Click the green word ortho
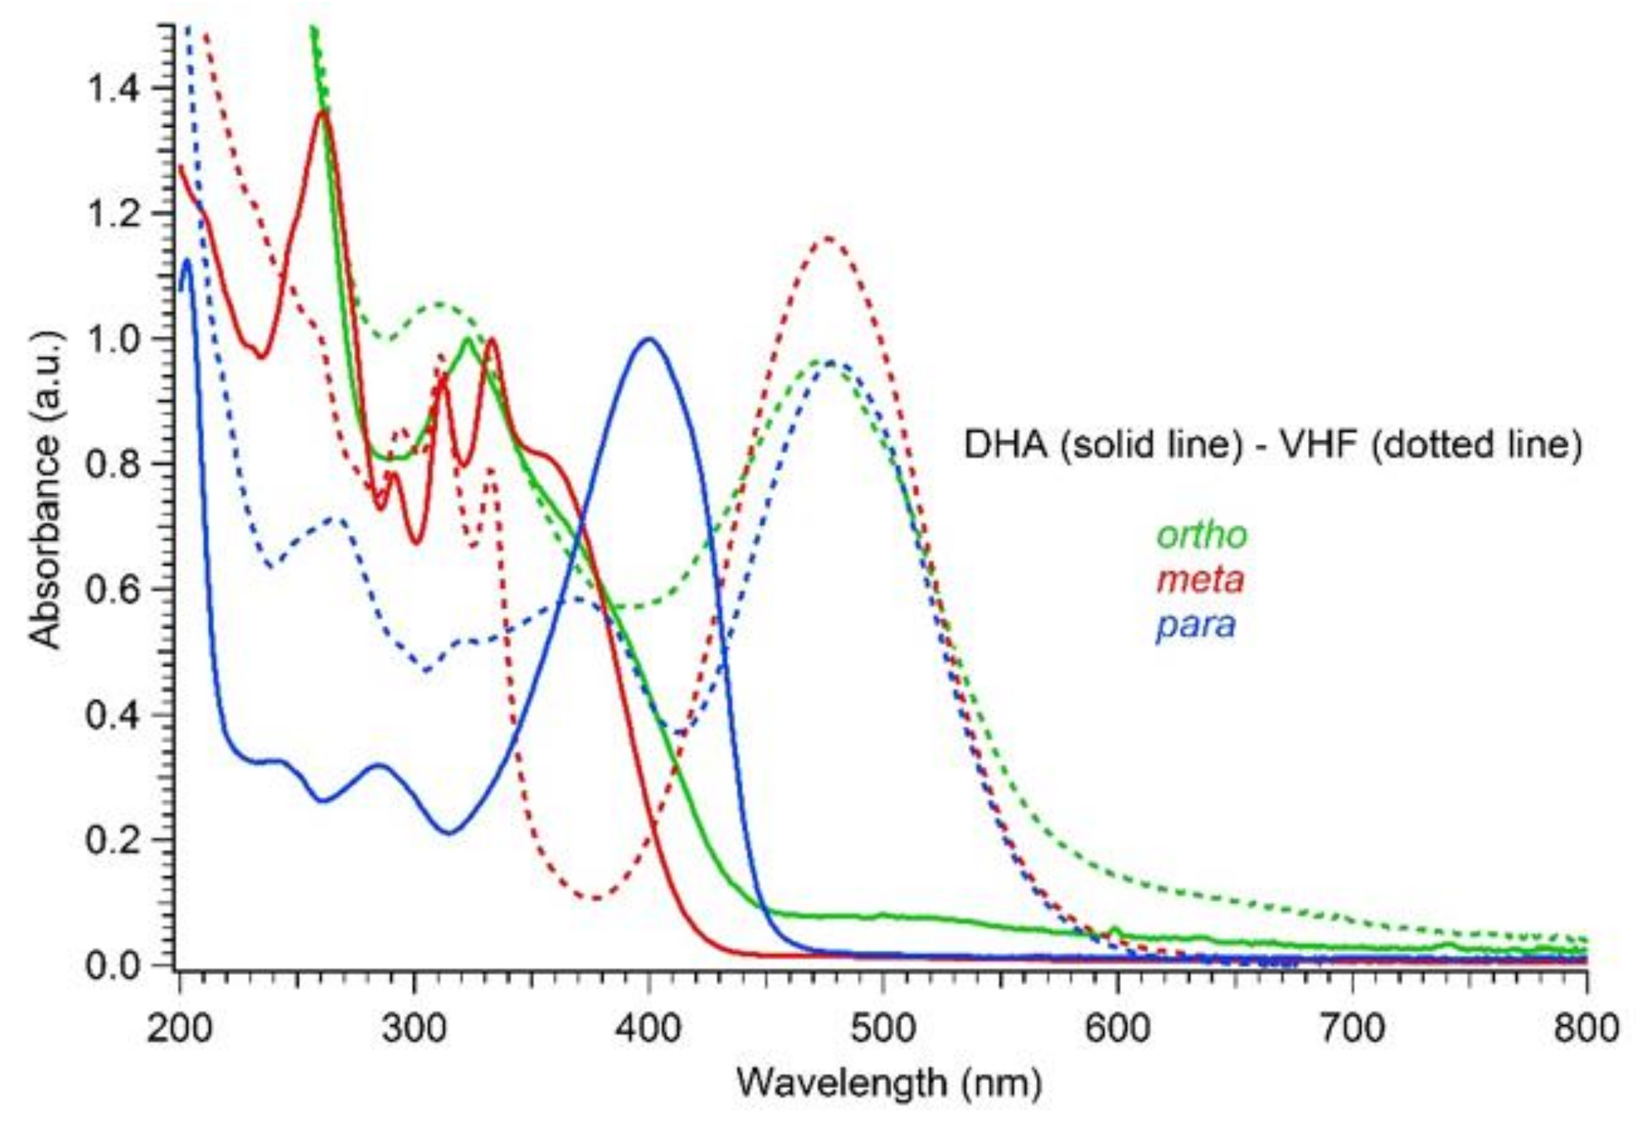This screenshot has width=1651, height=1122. pyautogui.click(x=1201, y=535)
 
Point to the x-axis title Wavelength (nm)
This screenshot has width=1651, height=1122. pyautogui.click(x=889, y=1083)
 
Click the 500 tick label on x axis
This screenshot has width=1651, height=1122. pyautogui.click(x=882, y=1028)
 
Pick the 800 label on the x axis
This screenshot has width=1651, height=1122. pyautogui.click(x=1585, y=1028)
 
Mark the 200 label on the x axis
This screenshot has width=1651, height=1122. pyautogui.click(x=179, y=1028)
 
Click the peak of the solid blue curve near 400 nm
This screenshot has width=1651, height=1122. pyautogui.click(x=649, y=339)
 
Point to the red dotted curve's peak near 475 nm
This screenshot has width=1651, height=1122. pyautogui.click(x=828, y=237)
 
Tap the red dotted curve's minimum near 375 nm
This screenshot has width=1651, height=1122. pyautogui.click(x=595, y=900)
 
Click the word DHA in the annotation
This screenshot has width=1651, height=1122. pyautogui.click(x=1005, y=445)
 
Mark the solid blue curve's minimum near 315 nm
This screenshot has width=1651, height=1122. pyautogui.click(x=449, y=833)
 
